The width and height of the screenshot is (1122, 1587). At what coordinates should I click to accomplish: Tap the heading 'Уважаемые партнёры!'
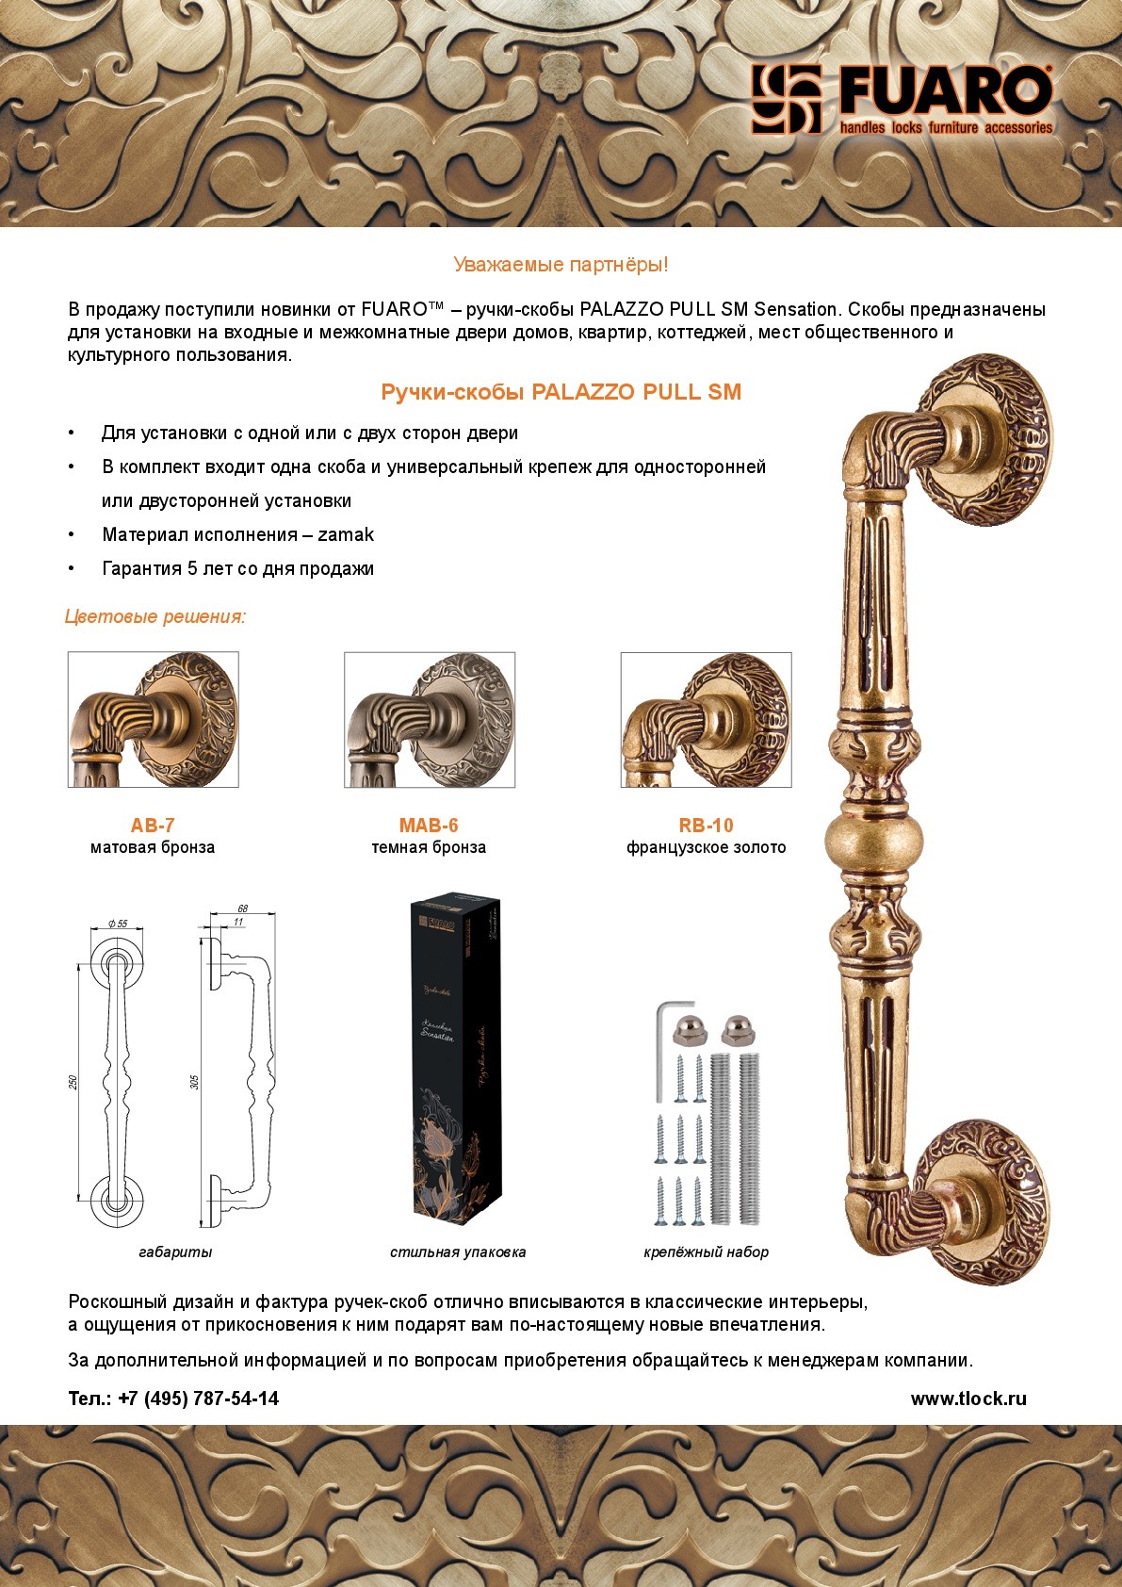[x=561, y=265]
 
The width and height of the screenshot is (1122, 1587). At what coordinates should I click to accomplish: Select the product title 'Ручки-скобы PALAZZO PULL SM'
[x=561, y=392]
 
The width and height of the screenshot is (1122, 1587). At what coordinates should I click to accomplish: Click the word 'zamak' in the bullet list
[x=346, y=535]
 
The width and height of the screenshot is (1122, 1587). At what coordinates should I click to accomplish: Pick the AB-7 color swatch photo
[x=153, y=719]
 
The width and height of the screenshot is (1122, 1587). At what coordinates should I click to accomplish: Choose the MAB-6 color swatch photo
[x=429, y=719]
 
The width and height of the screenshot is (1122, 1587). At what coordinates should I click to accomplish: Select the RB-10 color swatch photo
[x=706, y=719]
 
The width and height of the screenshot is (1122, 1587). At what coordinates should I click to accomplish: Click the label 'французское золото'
[x=706, y=848]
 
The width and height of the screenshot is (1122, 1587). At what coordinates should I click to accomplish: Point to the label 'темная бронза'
[x=429, y=848]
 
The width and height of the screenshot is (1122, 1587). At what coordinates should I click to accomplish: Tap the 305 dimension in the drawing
[x=195, y=1082]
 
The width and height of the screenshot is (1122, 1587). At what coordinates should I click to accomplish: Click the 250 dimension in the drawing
[x=73, y=1082]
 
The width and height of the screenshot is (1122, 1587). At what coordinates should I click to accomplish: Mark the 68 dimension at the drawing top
[x=242, y=908]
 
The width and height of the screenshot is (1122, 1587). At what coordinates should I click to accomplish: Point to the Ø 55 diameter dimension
[x=119, y=924]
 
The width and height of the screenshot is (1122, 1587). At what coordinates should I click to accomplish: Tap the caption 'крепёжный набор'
[x=706, y=1252]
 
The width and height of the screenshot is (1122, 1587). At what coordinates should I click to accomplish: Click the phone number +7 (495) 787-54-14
[x=198, y=1399]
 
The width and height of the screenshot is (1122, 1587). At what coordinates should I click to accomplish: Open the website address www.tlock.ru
[x=968, y=1399]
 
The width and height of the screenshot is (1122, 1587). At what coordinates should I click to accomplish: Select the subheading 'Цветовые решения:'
[x=155, y=617]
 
